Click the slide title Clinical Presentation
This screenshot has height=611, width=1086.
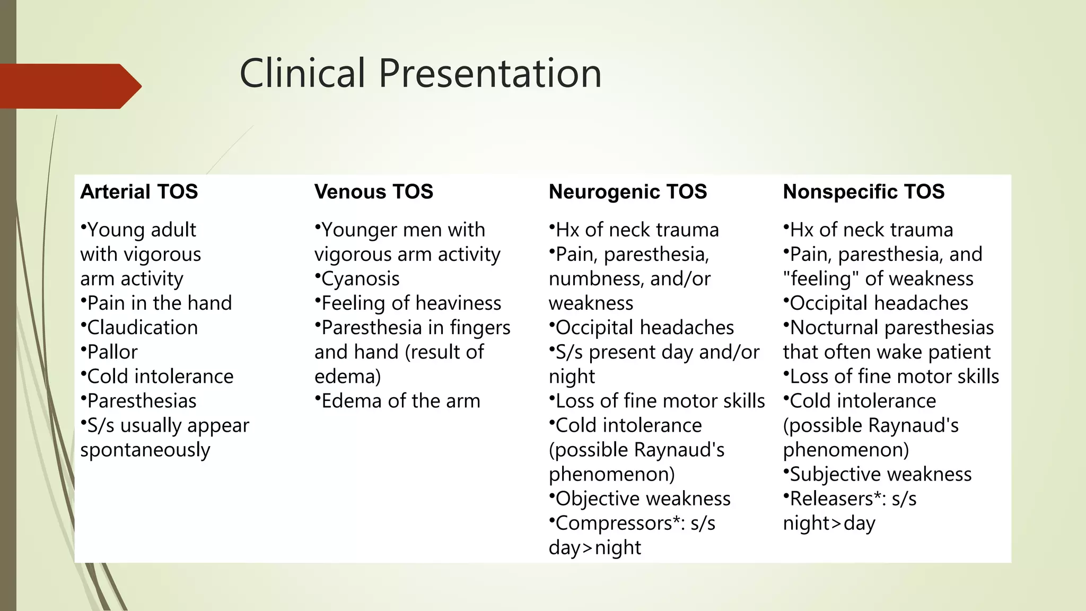tap(421, 73)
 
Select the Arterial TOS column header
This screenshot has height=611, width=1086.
tap(139, 191)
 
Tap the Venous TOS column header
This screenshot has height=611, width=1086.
tap(373, 191)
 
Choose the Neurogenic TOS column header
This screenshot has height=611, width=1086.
tap(628, 191)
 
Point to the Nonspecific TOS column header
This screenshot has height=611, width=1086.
tap(864, 191)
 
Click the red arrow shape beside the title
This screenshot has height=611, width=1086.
tap(69, 86)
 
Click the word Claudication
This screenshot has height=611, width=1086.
tap(142, 328)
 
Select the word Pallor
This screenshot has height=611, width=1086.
tap(112, 352)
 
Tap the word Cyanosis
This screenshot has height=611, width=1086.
tap(360, 279)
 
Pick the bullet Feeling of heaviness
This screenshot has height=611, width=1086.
tap(411, 303)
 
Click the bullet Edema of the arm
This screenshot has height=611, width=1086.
tap(400, 401)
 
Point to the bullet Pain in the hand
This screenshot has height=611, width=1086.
tap(159, 303)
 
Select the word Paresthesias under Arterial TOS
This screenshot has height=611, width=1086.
tap(142, 401)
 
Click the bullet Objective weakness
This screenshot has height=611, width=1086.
tap(643, 499)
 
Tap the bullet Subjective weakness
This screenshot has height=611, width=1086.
tap(880, 474)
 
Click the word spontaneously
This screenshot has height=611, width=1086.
tap(145, 450)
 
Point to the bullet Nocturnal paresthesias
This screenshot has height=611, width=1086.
tap(891, 328)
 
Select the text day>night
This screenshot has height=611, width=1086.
tap(594, 547)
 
